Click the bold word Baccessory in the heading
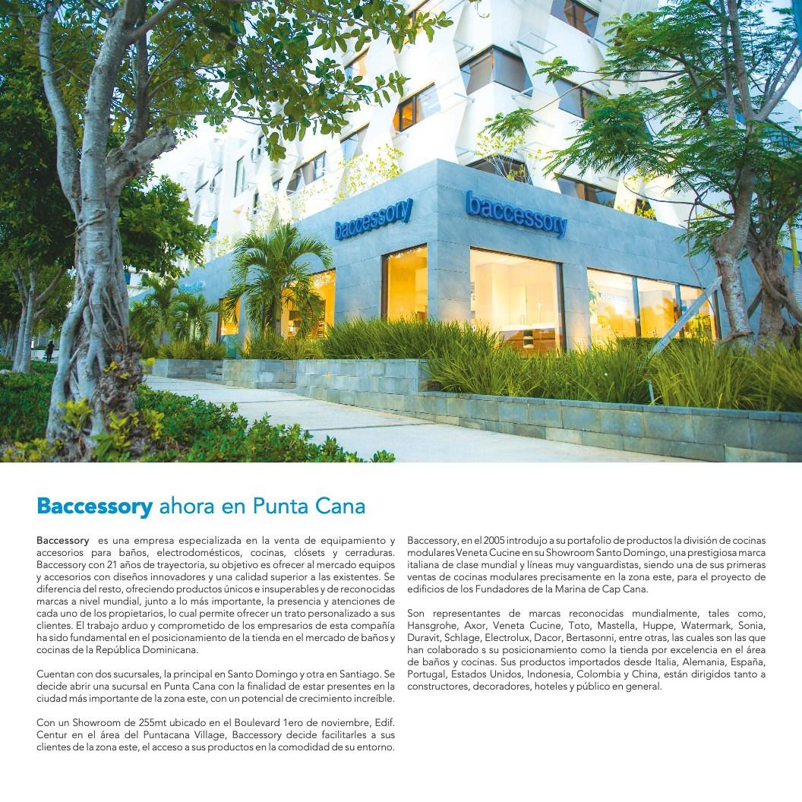coord(95,505)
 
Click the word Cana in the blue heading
coord(345,505)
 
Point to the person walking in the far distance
coord(49,350)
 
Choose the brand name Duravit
coord(423,638)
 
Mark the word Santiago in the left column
coord(358,673)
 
